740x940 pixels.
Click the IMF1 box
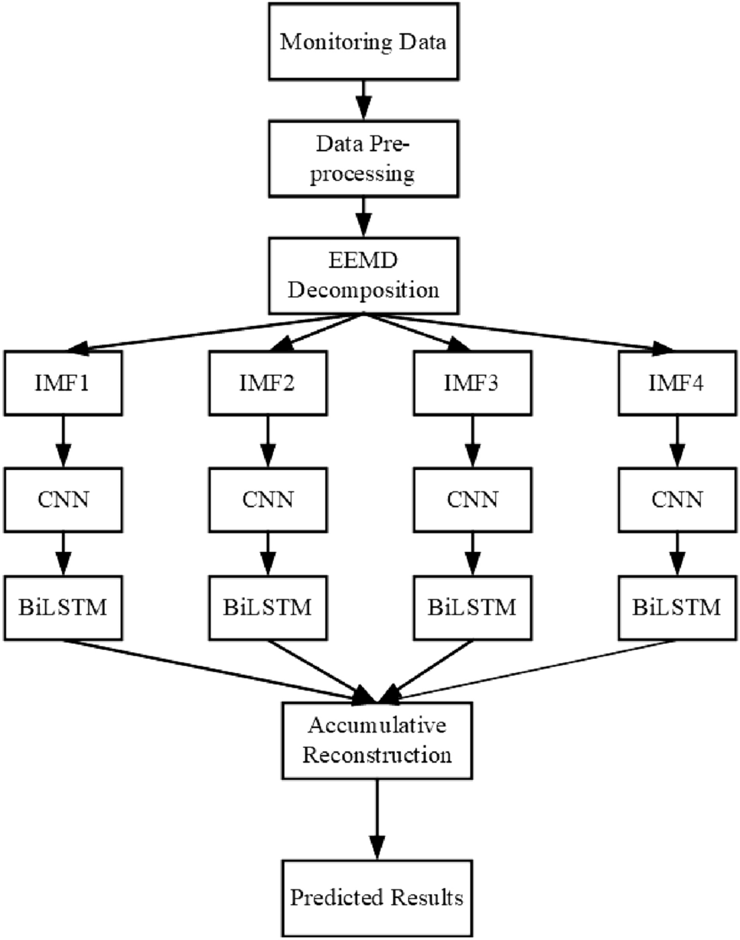[x=64, y=381]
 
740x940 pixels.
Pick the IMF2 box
[x=267, y=381]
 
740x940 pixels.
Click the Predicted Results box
[x=375, y=896]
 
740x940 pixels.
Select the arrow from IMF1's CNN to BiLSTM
[x=64, y=553]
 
